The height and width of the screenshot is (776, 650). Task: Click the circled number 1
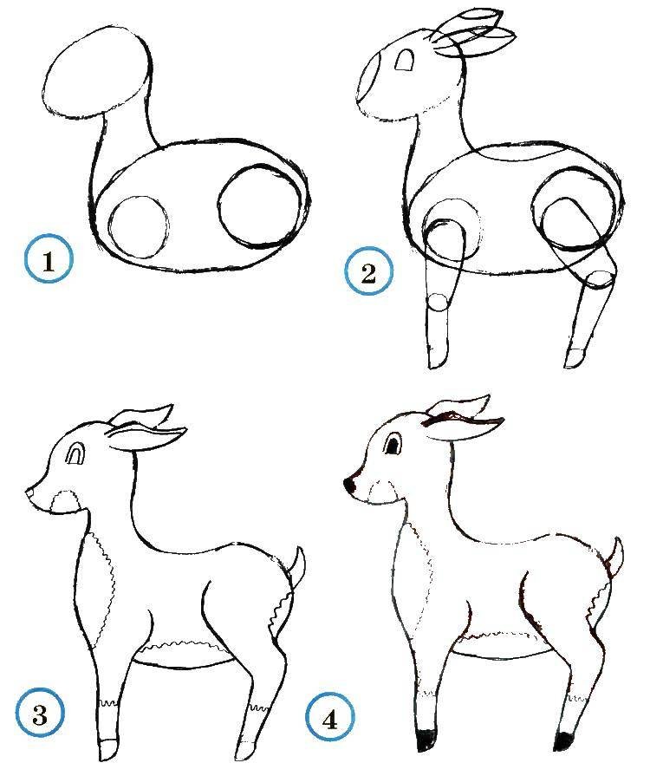point(48,261)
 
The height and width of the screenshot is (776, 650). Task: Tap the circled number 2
point(368,274)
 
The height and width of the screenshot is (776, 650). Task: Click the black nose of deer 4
point(352,485)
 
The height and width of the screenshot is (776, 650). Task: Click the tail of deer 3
point(297,568)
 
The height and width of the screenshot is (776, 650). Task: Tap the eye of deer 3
point(77,453)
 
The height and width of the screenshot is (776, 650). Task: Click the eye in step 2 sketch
point(406,59)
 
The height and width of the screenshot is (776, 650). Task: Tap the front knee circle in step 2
point(439,302)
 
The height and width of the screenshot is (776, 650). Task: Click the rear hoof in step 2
point(575,359)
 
